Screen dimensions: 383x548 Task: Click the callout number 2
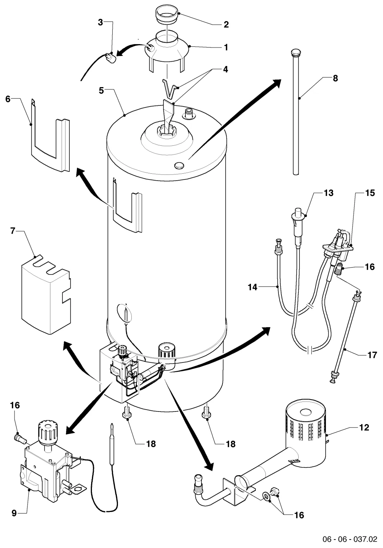(226, 25)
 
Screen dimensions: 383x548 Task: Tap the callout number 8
(336, 78)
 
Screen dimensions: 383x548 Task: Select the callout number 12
(364, 428)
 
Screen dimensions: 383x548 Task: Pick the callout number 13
(329, 193)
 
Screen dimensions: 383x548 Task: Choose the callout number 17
(372, 355)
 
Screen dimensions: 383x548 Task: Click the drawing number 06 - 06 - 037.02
(350, 539)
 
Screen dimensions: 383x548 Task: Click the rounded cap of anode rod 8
(296, 53)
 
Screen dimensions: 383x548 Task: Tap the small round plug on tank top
(179, 165)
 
